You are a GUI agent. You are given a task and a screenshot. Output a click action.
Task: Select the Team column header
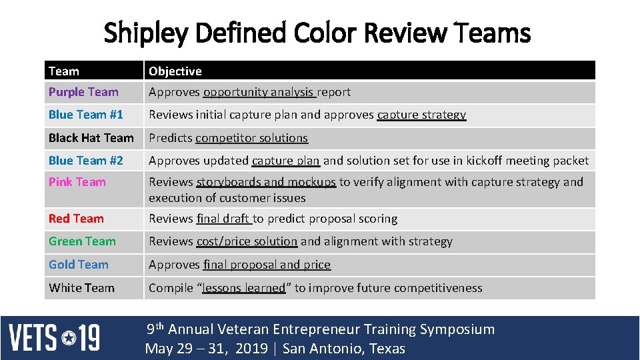coord(64,71)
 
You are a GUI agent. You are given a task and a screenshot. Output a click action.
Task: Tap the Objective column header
coord(175,71)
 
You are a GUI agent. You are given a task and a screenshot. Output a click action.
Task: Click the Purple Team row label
coord(83,92)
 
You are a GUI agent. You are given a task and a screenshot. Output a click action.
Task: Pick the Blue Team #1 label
coord(86,115)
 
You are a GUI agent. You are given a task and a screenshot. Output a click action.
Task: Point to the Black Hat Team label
coord(91,138)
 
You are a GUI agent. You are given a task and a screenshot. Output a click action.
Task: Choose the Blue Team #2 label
coord(86,160)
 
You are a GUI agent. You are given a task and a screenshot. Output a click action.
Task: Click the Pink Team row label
coord(77,182)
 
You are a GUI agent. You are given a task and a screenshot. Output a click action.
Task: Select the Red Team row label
coord(76,219)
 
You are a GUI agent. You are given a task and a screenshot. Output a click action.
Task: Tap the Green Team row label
coord(82,241)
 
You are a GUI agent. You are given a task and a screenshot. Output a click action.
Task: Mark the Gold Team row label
coord(79,265)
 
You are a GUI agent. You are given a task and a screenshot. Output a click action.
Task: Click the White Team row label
coord(82,288)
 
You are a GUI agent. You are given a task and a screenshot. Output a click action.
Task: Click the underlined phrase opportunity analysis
coord(259,92)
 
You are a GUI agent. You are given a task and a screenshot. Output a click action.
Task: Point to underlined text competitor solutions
coord(252,138)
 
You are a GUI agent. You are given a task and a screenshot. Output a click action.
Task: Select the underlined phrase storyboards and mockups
coord(266,182)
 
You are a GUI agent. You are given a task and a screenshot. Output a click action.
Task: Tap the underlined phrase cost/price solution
coord(247,241)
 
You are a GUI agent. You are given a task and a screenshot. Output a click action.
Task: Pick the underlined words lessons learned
coord(243,288)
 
